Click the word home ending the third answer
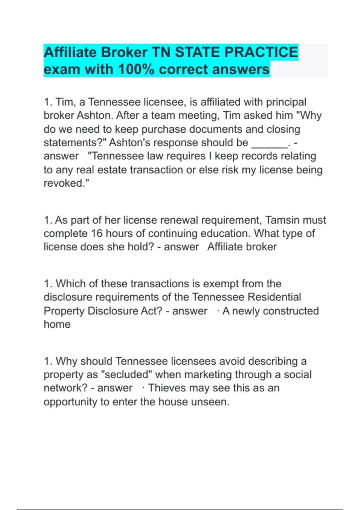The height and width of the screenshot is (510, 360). [x=57, y=324]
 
